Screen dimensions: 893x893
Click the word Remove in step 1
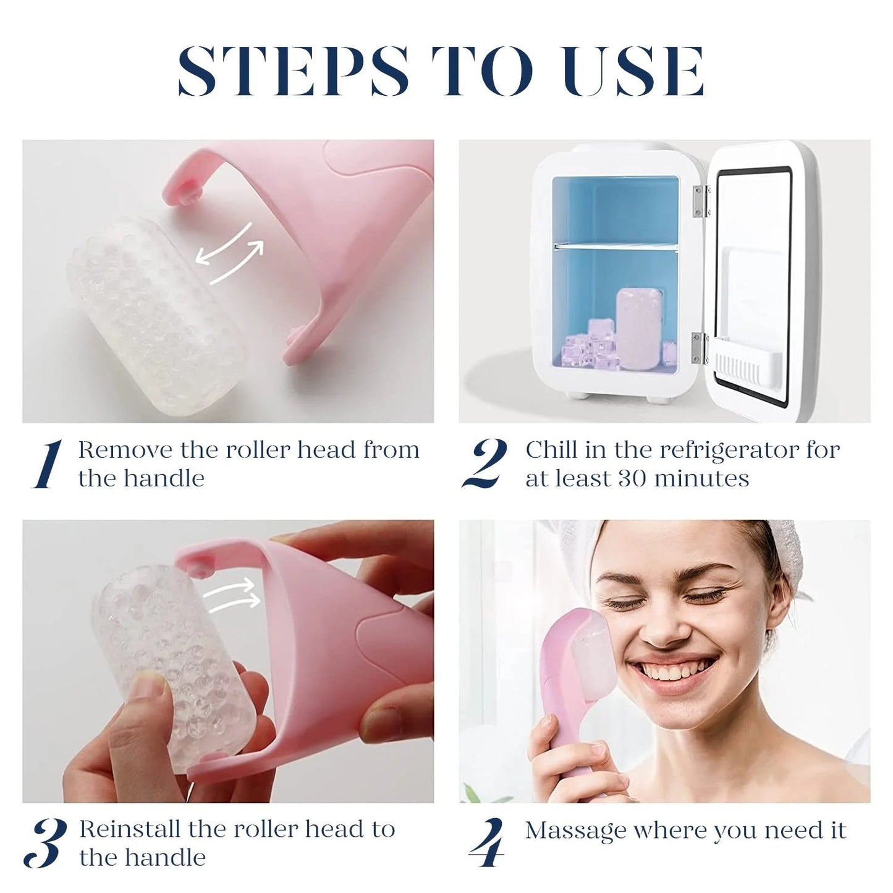pos(125,450)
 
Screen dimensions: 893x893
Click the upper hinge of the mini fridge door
pos(700,201)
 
